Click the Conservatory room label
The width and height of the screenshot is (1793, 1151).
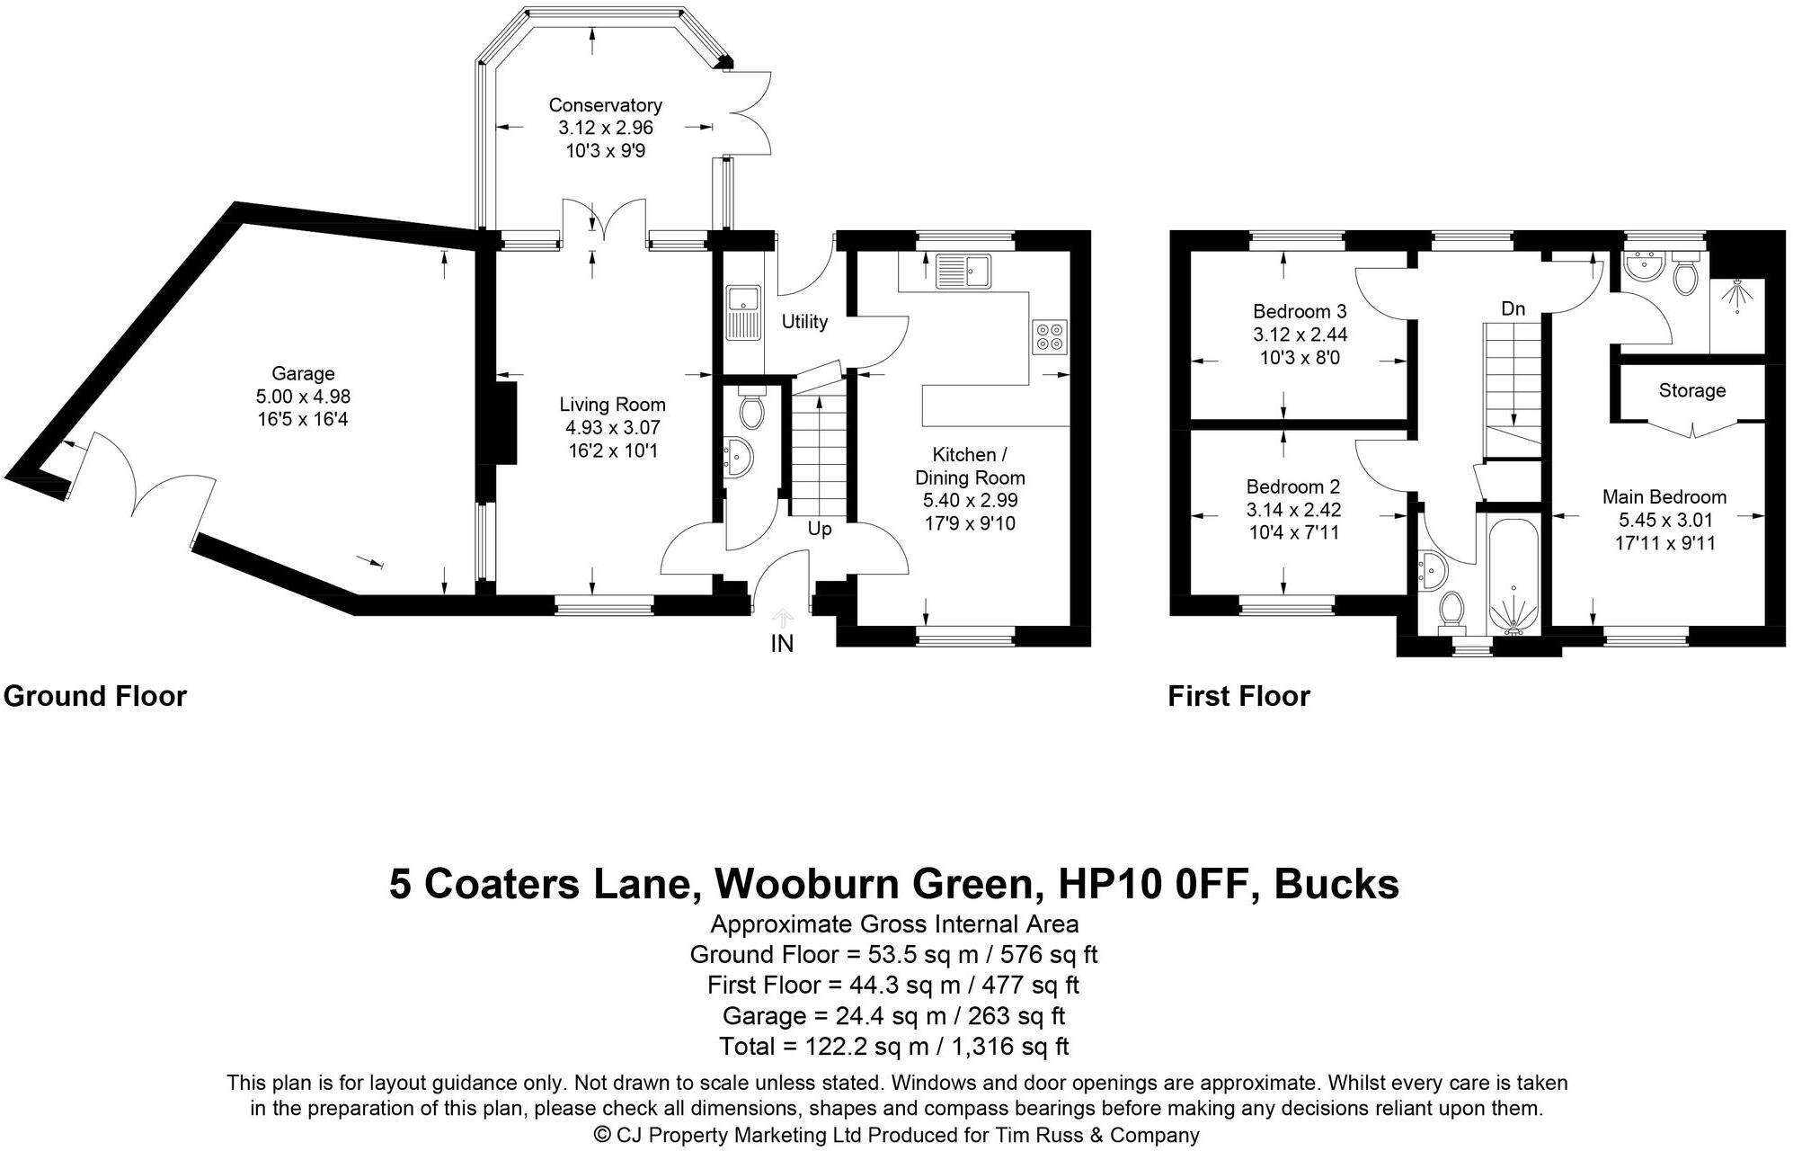coord(605,105)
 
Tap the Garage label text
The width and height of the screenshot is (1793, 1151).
coord(303,373)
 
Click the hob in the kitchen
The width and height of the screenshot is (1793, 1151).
coord(1050,335)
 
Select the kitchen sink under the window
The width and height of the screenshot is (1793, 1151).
coord(962,271)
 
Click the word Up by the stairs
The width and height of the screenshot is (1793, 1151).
coord(819,529)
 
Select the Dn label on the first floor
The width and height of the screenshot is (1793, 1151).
coord(1513,308)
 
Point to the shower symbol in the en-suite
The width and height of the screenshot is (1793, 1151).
coord(1736,297)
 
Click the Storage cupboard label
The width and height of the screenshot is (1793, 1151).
coord(1691,390)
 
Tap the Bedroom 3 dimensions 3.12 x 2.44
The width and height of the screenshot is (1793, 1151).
coord(1300,335)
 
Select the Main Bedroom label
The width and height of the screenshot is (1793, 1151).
coord(1664,496)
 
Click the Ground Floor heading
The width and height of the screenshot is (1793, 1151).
coord(95,696)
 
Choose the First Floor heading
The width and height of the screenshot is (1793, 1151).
coord(1238,696)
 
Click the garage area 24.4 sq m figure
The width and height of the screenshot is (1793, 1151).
coord(841,1016)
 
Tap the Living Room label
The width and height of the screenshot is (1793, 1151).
coord(612,405)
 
